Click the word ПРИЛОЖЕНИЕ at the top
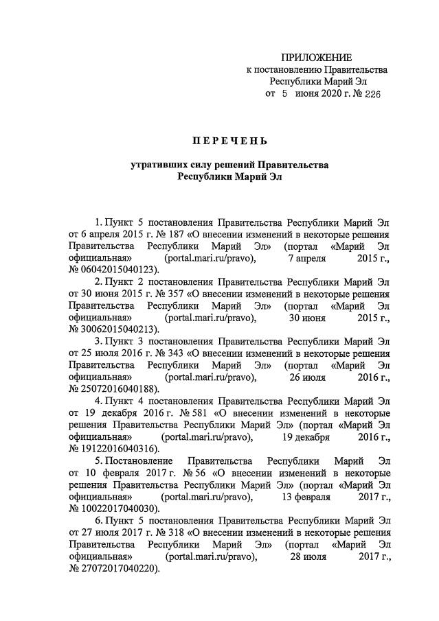point(317,58)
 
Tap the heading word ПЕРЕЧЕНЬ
point(229,141)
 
